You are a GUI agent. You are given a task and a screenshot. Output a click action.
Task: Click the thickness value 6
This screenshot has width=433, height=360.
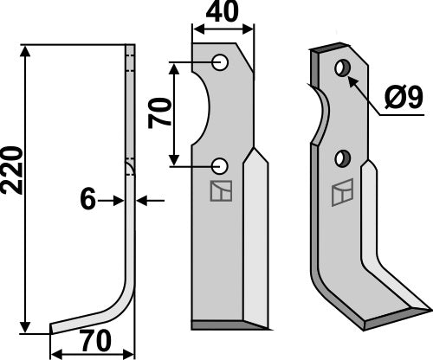click(x=87, y=201)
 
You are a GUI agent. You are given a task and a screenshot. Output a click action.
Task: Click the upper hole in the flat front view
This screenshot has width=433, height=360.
click(x=221, y=63)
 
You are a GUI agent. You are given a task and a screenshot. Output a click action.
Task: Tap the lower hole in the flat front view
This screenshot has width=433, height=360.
click(x=221, y=164)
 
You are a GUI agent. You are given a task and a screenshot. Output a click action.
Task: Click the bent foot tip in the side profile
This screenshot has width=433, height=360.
click(x=54, y=327)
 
